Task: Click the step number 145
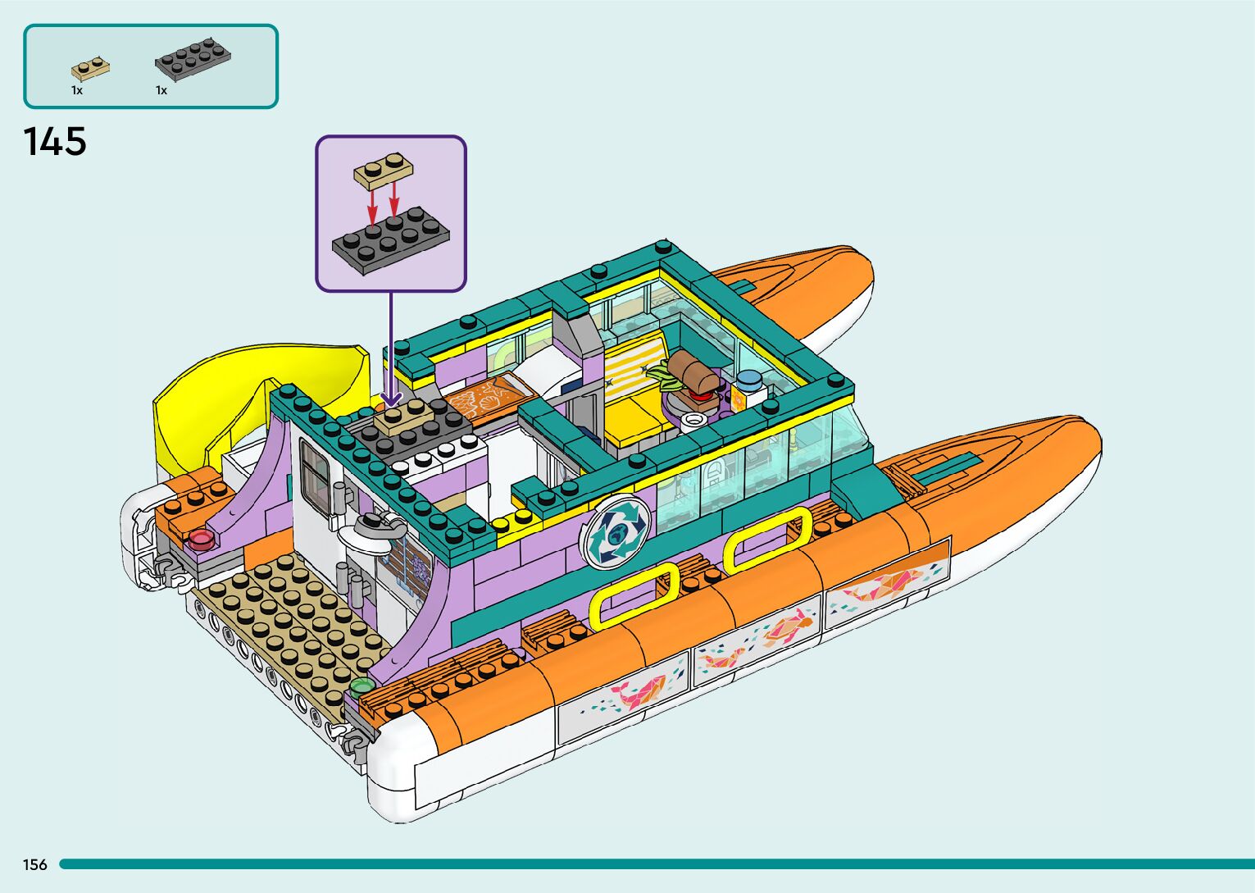[55, 142]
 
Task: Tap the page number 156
[35, 864]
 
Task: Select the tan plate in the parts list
[90, 68]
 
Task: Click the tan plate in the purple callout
[383, 168]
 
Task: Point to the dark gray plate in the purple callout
[392, 237]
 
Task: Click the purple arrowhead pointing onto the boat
[391, 398]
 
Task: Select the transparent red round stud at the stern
[201, 539]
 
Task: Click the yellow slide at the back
[246, 394]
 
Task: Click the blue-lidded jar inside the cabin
[749, 383]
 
